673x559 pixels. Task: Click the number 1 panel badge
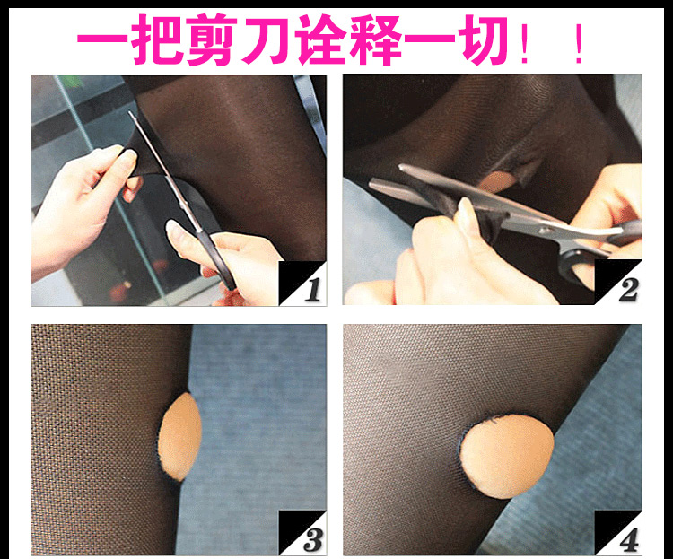(303, 283)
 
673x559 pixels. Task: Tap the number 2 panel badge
(618, 282)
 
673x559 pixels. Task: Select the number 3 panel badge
(303, 533)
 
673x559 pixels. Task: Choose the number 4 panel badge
(618, 533)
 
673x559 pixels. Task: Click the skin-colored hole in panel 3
(179, 437)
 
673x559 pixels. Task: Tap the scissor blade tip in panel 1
(130, 113)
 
